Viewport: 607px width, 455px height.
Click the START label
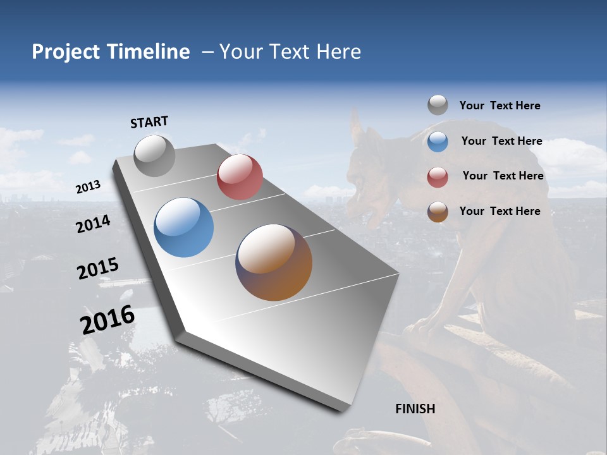[149, 122]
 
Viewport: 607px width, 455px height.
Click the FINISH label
[415, 409]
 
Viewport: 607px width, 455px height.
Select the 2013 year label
[89, 187]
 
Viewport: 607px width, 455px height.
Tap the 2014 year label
[94, 224]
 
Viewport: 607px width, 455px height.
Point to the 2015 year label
[98, 269]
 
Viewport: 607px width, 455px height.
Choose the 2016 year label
[107, 319]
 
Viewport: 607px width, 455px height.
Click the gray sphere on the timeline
[154, 155]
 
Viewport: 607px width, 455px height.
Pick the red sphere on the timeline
[240, 177]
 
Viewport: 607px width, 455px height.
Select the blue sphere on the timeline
[184, 227]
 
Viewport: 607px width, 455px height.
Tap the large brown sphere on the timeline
[274, 262]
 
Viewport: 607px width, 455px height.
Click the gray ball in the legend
[438, 105]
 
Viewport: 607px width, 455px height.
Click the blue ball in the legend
[438, 142]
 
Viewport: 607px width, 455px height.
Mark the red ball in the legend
[438, 177]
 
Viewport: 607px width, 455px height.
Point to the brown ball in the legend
[438, 212]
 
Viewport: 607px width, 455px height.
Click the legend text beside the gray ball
[500, 106]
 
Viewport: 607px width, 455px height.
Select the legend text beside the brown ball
[500, 211]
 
